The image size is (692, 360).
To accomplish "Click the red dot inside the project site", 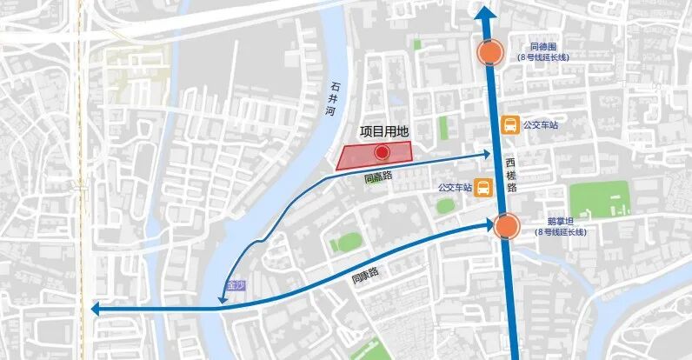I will coord(381,154).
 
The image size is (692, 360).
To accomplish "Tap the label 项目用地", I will coord(383,132).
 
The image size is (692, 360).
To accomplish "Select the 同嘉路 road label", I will coord(378,177).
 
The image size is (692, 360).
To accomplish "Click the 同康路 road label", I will coord(366,278).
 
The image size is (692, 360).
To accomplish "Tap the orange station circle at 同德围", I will coord(490,53).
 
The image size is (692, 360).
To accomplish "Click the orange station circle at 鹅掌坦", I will coord(506,227).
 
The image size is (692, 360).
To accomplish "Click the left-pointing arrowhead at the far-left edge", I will coord(93,309).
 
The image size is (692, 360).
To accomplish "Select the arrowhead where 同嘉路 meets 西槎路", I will coord(488,155).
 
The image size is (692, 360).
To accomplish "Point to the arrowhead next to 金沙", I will coord(223,301).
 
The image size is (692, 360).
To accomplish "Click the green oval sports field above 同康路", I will coord(348,241).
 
